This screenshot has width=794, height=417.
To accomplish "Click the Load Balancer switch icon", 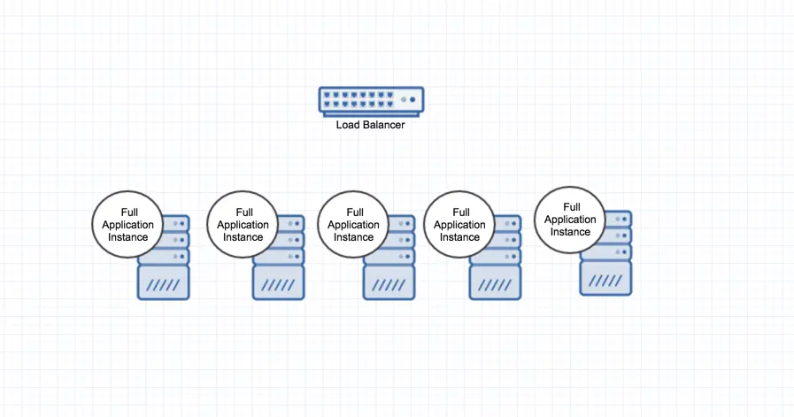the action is pos(371,101).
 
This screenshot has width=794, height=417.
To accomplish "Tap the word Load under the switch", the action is pos(347,125).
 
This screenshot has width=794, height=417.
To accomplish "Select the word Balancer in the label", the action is pos(383,125).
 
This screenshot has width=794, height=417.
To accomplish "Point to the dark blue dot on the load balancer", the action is pos(412,100).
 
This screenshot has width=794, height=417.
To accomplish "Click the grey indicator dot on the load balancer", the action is pos(404,100).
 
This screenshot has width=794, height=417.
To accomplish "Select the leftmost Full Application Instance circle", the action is pos(127,225).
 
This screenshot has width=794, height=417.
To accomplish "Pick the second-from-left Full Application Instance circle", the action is pos(243,225).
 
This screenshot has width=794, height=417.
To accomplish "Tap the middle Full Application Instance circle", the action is pos(353,225).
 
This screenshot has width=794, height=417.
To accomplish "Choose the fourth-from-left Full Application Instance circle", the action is pos(459,225).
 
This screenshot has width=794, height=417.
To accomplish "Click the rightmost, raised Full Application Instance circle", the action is pos(570,220).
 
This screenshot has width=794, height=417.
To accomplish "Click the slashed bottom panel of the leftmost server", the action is pos(163,282).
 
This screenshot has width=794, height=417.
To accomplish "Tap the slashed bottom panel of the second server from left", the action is pos(279,282).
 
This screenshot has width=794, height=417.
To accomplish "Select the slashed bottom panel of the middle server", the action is pos(389,282).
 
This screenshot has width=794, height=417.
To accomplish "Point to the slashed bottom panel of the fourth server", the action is pos(495,282).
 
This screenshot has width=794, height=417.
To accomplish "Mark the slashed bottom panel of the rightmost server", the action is pos(605,278).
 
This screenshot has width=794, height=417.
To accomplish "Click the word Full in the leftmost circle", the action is pos(129,212).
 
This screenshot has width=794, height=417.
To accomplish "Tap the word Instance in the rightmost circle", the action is pos(570,232).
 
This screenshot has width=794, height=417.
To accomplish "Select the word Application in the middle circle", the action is pos(353,225).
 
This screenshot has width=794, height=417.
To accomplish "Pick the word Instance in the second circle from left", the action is pos(243,237).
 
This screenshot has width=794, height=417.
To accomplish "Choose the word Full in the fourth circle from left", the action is pos(461,212).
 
